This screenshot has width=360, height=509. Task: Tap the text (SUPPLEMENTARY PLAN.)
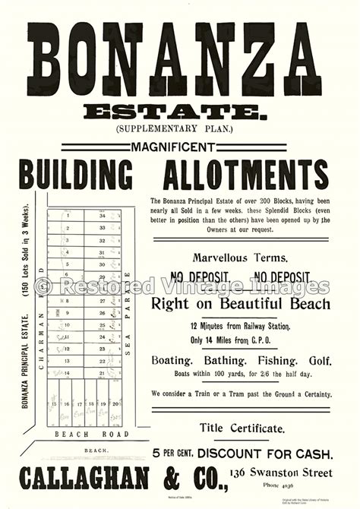[180, 130]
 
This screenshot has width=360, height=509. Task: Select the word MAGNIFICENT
[180, 146]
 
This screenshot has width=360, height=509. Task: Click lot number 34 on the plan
[101, 216]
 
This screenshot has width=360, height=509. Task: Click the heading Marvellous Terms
[240, 258]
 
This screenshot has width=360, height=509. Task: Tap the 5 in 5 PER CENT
[156, 454]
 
